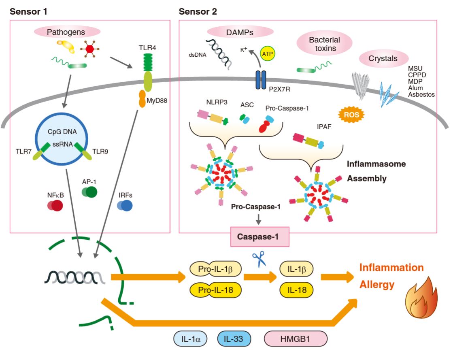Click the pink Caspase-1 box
pos(259,236)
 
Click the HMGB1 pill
pos(296,339)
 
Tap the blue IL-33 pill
pos(234,339)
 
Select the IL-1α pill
pos(190,339)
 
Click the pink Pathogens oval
pos(67,32)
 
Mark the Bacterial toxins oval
pos(324,44)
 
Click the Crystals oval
pos(383,58)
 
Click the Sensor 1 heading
pos(29,12)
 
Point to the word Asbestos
pos(421,94)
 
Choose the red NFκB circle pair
pos(55,206)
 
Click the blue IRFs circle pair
pos(125,206)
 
